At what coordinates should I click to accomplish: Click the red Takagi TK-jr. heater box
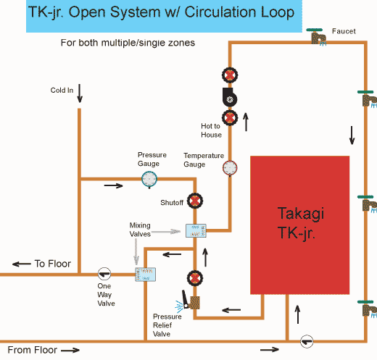click(299, 225)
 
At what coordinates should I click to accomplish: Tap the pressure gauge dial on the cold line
click(149, 180)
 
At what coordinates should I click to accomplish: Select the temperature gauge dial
click(230, 168)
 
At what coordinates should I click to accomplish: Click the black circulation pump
click(229, 97)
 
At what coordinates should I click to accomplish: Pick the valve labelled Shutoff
click(195, 201)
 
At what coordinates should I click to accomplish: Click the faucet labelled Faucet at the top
click(317, 37)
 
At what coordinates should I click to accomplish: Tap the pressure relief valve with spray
click(188, 303)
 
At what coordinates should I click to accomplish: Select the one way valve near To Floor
click(104, 274)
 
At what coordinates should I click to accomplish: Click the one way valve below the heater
click(307, 341)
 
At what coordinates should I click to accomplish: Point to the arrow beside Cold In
click(80, 93)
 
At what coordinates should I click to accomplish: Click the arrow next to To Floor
click(22, 264)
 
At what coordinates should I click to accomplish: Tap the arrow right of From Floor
click(70, 350)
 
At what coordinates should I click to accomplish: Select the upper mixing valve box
click(196, 230)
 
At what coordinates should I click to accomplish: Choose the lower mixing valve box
click(145, 275)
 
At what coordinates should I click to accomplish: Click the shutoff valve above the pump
click(230, 75)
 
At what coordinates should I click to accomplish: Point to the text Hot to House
click(211, 130)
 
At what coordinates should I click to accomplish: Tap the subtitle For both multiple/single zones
click(128, 43)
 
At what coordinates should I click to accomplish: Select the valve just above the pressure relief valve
click(195, 278)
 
